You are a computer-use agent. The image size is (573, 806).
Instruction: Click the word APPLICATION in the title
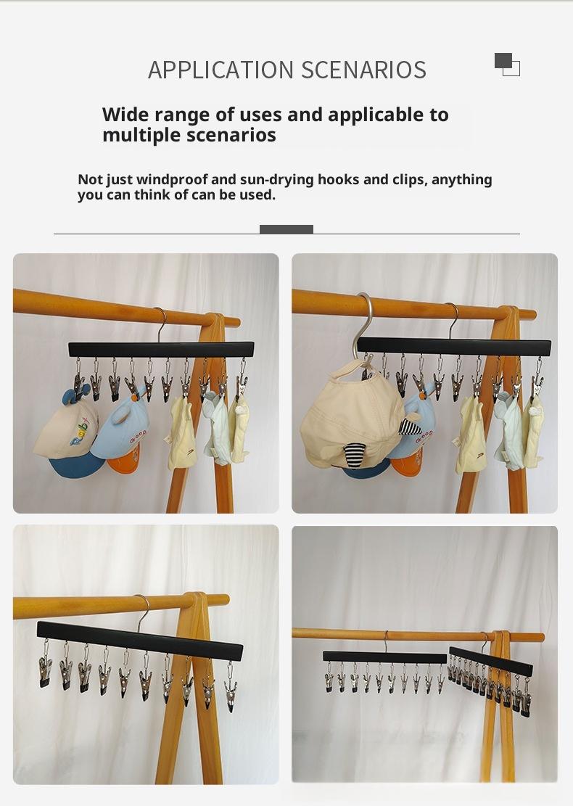220,70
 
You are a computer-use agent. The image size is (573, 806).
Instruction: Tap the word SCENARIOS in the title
364,70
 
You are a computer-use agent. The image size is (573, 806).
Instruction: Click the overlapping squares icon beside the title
507,65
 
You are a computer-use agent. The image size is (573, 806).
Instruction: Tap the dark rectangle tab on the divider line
286,229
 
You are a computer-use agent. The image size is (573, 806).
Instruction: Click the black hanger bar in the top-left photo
161,350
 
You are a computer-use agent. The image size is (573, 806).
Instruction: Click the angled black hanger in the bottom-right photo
491,662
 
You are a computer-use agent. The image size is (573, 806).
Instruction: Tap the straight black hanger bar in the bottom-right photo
385,657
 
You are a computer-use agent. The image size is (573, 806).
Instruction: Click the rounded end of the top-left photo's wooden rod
236,322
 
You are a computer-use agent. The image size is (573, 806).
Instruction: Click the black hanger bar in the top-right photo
454,346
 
